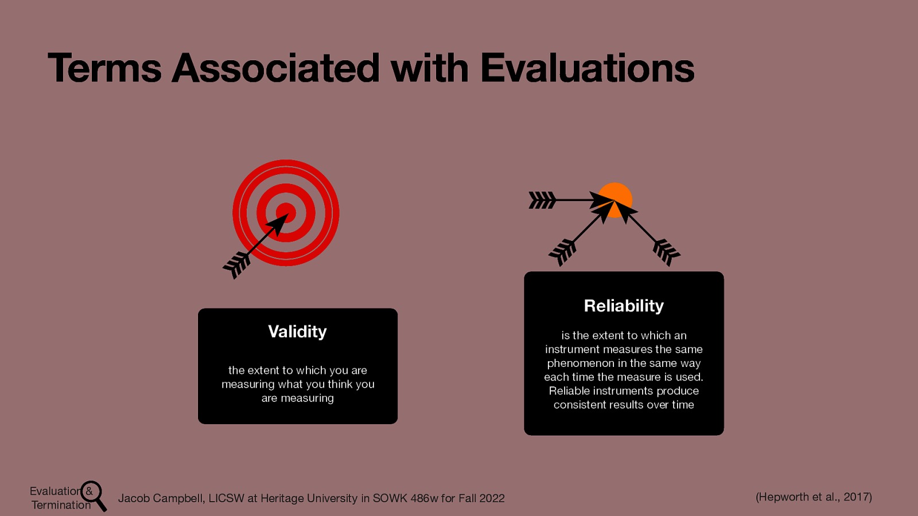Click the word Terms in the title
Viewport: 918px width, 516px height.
(104, 68)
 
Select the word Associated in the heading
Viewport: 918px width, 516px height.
(275, 68)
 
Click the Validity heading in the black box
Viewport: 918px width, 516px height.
(297, 331)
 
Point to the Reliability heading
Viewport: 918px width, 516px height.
(624, 306)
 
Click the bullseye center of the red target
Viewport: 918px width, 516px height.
(286, 213)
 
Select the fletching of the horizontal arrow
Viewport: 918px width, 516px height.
(542, 200)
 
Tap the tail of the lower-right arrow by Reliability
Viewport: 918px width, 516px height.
(666, 252)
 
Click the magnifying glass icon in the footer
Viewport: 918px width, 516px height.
(93, 494)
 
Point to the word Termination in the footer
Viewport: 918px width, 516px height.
(61, 505)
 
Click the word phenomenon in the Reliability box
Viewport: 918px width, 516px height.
(580, 363)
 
